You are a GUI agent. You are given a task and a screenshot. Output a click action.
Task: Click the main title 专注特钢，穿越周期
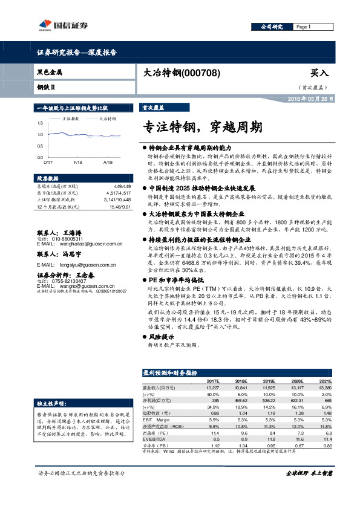pyautogui.click(x=203, y=128)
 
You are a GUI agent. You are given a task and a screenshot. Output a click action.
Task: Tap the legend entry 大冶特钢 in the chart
pyautogui.click(x=107, y=119)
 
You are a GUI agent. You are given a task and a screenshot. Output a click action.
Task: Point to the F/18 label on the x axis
pyautogui.click(x=77, y=163)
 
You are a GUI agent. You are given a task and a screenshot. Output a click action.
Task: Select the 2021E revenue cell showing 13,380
pyautogui.click(x=324, y=387)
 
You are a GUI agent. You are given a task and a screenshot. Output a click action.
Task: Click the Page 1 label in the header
pyautogui.click(x=303, y=27)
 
